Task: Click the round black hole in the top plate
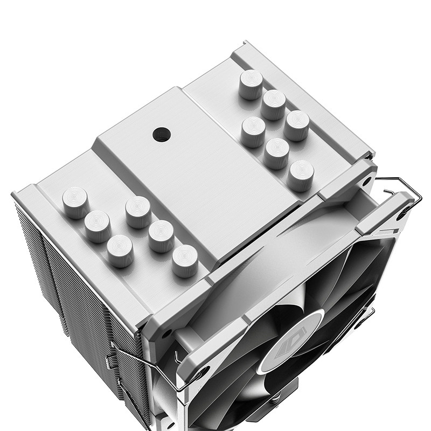pos(161,134)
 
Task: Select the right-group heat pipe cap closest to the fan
pos(301,176)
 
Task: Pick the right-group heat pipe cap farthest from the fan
pos(251,84)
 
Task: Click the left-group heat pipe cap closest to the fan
pos(185,261)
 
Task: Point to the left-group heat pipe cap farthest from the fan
pos(75,202)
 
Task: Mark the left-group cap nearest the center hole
pos(138,212)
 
